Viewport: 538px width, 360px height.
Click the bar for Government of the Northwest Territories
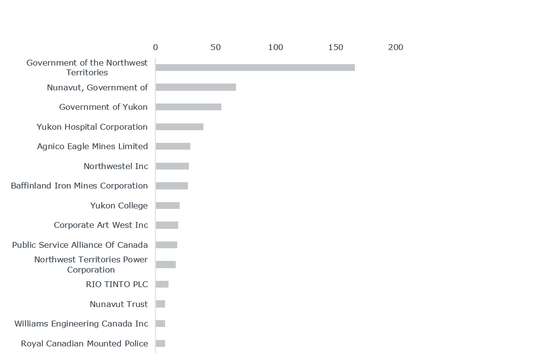[x=255, y=68]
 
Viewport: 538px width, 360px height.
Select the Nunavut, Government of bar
[x=196, y=87]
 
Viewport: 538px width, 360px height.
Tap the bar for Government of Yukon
[x=188, y=107]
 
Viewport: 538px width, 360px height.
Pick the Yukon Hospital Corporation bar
[x=179, y=127]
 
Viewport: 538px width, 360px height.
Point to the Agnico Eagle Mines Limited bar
[x=173, y=146]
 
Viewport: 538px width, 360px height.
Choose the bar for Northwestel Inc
[x=172, y=166]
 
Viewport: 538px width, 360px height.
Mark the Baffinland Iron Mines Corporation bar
[x=171, y=186]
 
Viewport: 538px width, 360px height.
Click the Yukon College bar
[x=168, y=206]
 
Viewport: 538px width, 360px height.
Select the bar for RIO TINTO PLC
[x=162, y=284]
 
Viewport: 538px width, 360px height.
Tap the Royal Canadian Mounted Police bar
[x=160, y=343]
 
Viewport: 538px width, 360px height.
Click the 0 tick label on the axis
[x=155, y=48]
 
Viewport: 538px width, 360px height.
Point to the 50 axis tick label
[x=216, y=48]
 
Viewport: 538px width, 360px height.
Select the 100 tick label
[x=275, y=48]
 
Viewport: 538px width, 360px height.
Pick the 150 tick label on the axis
[x=336, y=48]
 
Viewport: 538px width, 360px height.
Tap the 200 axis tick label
[x=396, y=48]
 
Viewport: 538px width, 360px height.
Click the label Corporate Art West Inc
[x=101, y=225]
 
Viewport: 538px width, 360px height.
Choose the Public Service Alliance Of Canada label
[x=80, y=245]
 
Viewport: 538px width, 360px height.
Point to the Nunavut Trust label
[x=119, y=304]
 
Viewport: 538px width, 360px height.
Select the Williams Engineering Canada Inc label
[x=81, y=324]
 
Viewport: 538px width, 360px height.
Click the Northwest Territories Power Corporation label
[x=91, y=264]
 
